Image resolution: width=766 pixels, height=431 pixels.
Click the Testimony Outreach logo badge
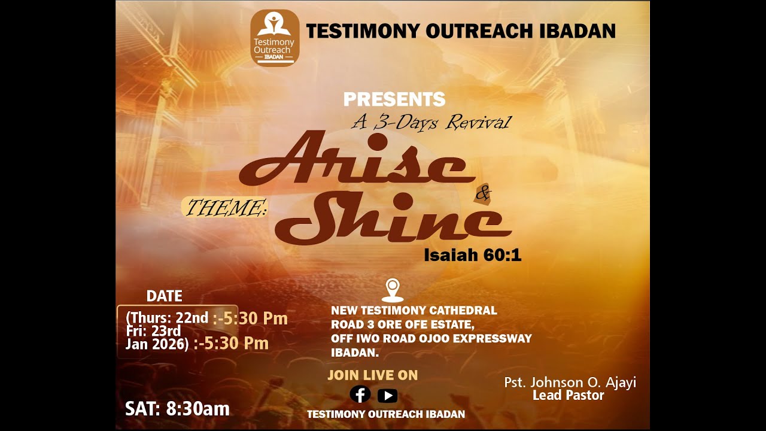coord(275,37)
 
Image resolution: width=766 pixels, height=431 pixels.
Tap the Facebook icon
coord(360,394)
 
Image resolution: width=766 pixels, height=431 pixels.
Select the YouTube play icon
coord(387,395)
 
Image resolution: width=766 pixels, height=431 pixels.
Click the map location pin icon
coord(393,290)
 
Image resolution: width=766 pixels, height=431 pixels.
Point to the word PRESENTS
coord(394,99)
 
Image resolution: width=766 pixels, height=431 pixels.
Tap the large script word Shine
coord(395,221)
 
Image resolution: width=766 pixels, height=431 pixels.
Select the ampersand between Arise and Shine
coord(482,193)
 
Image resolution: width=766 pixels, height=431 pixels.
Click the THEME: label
coord(226,208)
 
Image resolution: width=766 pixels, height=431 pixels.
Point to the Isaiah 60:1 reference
coord(473,256)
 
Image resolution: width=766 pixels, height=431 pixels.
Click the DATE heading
coord(164,296)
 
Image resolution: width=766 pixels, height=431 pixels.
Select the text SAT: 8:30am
coord(177,408)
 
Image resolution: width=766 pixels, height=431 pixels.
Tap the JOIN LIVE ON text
coord(372,375)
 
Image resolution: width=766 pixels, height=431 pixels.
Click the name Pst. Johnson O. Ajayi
coord(570,382)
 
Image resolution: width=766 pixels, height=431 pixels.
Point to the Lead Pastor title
coord(569,395)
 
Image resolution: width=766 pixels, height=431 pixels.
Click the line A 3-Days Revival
coord(431,123)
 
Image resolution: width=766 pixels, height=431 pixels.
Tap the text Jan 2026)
coord(157,344)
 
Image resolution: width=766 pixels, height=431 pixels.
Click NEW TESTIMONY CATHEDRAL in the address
coord(414,311)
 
